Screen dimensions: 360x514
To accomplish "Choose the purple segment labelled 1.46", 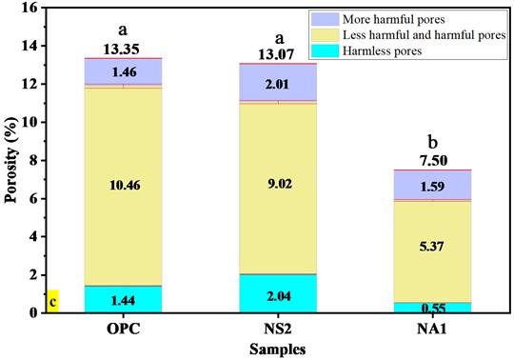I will tap(123, 72).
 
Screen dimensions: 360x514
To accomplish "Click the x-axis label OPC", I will tap(123, 330).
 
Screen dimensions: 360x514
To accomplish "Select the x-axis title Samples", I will tap(277, 350).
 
